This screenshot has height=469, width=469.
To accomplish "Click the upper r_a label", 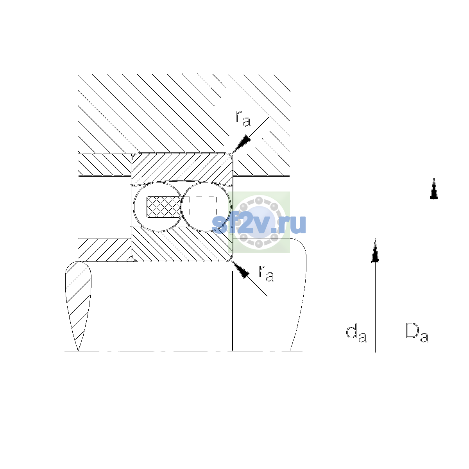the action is (243, 118).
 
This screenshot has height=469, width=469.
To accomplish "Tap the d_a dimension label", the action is (356, 333).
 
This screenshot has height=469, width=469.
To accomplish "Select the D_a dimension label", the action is (417, 333).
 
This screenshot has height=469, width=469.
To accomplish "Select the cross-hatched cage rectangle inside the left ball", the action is (164, 207).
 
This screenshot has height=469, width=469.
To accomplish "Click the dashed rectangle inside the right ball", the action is (203, 207).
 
